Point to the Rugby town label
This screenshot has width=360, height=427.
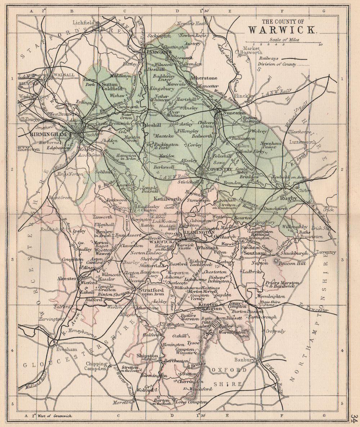tap(291, 198)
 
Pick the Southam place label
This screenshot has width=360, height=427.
tap(254, 253)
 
